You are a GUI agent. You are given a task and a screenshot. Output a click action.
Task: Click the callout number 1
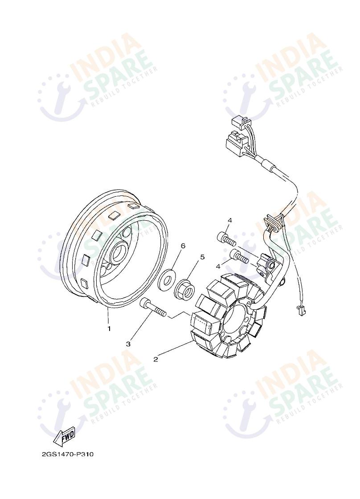[109, 329]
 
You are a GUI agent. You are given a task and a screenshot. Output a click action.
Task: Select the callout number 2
[156, 359]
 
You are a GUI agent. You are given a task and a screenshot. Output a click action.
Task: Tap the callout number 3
[128, 344]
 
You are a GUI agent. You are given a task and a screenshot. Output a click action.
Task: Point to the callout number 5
[202, 257]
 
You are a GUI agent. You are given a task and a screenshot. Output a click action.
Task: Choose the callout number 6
[183, 246]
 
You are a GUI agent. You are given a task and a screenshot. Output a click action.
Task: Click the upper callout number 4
[230, 220]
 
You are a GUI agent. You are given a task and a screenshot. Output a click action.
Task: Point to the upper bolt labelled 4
[226, 238]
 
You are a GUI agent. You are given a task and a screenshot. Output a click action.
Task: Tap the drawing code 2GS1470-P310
[68, 454]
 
